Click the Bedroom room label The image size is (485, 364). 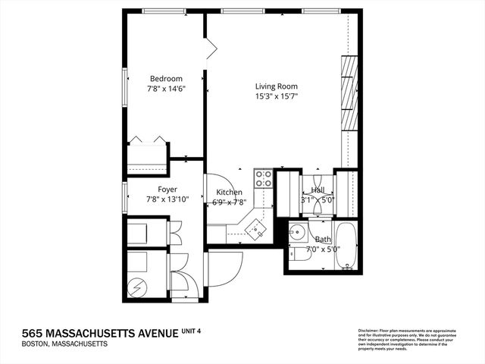[x=165, y=78]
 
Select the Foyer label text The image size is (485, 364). [x=167, y=190]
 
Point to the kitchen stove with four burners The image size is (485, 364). [x=263, y=178]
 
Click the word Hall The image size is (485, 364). [x=318, y=190]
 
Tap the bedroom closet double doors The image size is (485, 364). [x=147, y=140]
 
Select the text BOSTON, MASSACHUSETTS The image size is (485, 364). [x=64, y=344]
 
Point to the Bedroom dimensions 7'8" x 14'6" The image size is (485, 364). [x=166, y=89]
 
